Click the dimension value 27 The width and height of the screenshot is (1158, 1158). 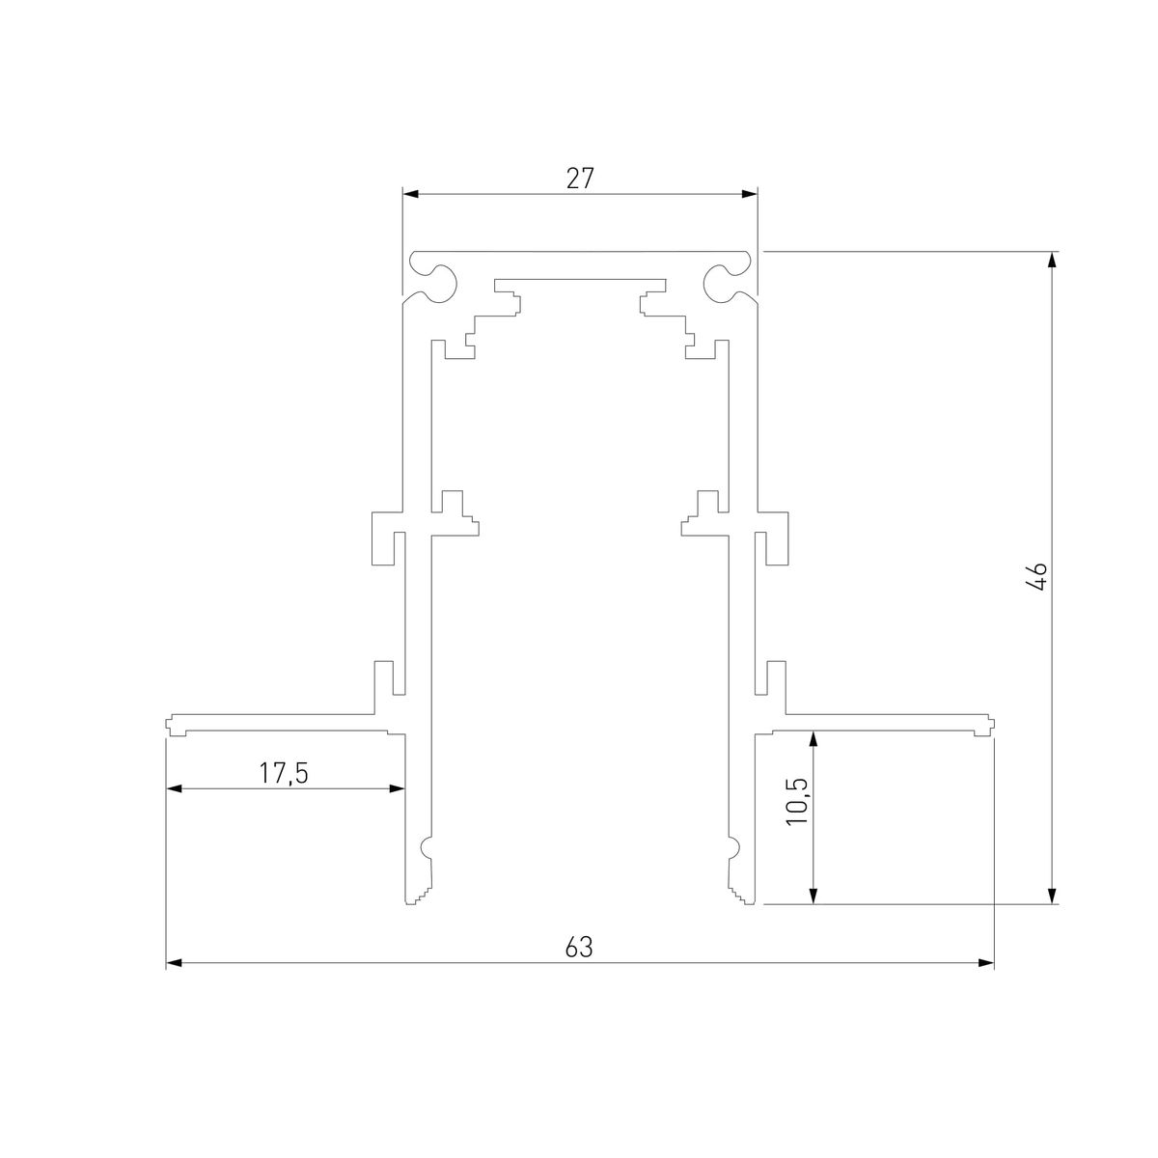click(579, 178)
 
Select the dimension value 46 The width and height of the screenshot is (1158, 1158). click(1037, 577)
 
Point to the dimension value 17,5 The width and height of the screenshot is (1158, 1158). click(283, 773)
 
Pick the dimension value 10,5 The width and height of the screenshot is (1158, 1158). click(798, 799)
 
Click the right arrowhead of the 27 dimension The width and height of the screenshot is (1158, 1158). click(749, 194)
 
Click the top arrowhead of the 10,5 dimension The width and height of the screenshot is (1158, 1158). click(813, 739)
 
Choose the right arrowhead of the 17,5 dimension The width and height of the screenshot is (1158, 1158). click(396, 788)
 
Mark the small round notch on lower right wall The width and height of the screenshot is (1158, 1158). click(733, 848)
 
